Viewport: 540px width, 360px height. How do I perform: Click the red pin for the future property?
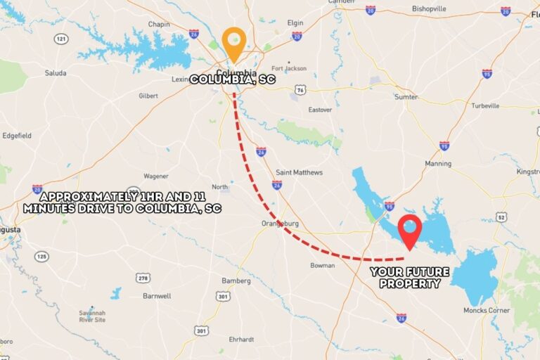click(x=409, y=230)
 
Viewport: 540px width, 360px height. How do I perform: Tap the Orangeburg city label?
click(x=280, y=224)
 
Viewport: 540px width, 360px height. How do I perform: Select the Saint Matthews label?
click(x=299, y=172)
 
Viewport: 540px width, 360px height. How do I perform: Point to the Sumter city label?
click(x=406, y=97)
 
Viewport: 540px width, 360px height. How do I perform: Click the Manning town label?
click(x=437, y=164)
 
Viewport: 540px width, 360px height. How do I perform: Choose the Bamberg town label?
click(x=236, y=281)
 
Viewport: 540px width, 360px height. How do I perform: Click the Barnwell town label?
click(x=157, y=296)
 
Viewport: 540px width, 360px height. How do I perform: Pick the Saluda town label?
click(x=56, y=73)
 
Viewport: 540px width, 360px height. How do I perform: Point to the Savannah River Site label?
click(x=91, y=316)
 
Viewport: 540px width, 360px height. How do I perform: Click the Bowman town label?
click(x=322, y=265)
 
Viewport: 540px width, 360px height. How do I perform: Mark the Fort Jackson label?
click(x=289, y=68)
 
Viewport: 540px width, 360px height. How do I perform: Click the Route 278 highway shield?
click(x=143, y=278)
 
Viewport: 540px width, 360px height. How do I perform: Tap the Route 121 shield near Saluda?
click(x=62, y=38)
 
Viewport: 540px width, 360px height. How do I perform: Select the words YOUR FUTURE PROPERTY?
click(x=409, y=277)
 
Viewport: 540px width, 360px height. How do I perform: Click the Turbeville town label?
click(x=485, y=105)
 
